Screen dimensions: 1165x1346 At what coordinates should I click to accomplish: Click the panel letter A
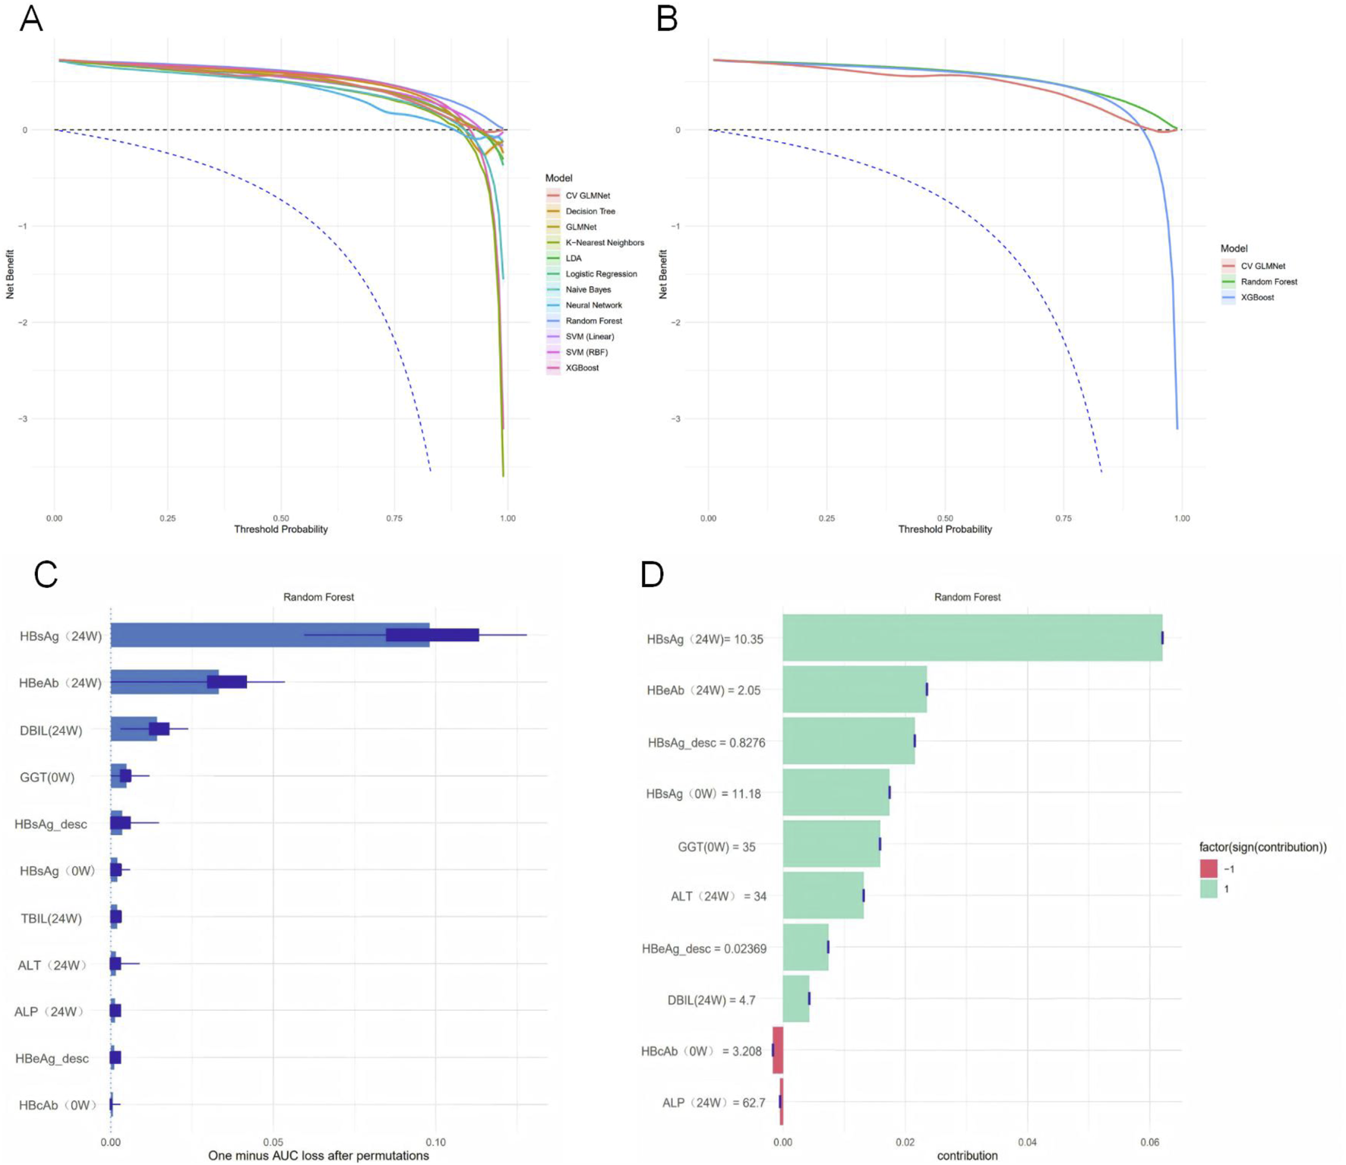tap(30, 18)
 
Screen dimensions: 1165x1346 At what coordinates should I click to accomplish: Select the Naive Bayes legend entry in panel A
tap(587, 289)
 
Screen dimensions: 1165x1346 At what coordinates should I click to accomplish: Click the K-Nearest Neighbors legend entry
tap(604, 242)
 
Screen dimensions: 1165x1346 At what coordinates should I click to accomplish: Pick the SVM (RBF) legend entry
tap(586, 352)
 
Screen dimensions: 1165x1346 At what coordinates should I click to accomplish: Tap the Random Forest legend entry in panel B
tap(1268, 282)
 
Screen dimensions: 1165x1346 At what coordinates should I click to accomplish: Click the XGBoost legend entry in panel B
tap(1256, 297)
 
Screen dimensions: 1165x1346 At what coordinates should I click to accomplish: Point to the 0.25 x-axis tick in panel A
tap(167, 518)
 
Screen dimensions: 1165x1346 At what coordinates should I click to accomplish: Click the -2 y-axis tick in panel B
tap(675, 322)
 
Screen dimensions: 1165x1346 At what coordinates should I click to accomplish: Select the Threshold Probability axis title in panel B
tap(944, 529)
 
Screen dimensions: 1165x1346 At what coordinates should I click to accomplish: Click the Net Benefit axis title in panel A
tap(10, 274)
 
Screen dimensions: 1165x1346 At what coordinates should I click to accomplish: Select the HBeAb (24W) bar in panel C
tap(165, 682)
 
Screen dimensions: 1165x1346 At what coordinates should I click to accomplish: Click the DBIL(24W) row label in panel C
tap(51, 731)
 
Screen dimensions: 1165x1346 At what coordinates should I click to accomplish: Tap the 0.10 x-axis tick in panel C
tap(435, 1141)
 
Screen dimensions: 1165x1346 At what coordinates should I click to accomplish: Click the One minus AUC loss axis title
tap(318, 1155)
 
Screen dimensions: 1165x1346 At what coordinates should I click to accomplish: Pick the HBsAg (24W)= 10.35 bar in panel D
tap(972, 638)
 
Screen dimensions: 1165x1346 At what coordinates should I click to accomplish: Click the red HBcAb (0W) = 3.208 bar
tap(777, 1050)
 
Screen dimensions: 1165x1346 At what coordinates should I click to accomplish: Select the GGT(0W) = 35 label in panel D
tap(716, 847)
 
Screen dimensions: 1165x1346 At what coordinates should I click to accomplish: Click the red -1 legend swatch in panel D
tap(1208, 869)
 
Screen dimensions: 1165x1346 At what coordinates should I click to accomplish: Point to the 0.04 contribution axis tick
tap(1027, 1141)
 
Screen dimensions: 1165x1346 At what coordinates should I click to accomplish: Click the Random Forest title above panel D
tap(966, 597)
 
